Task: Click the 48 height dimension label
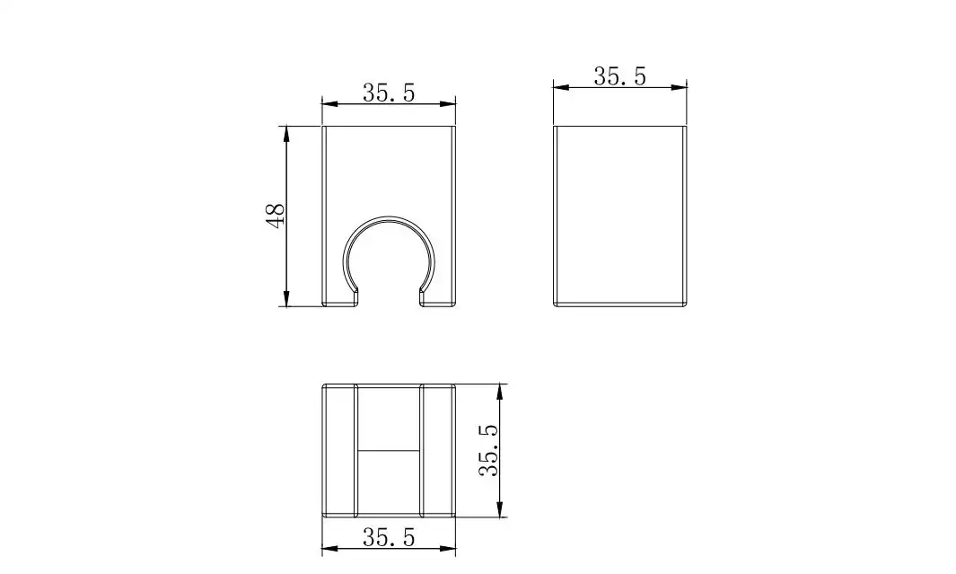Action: [x=276, y=216]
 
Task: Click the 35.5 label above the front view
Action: [x=389, y=93]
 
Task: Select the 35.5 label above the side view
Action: [x=619, y=77]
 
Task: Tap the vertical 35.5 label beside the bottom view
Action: [x=489, y=450]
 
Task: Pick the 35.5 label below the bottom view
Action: [x=389, y=537]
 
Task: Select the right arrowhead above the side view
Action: [x=680, y=87]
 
